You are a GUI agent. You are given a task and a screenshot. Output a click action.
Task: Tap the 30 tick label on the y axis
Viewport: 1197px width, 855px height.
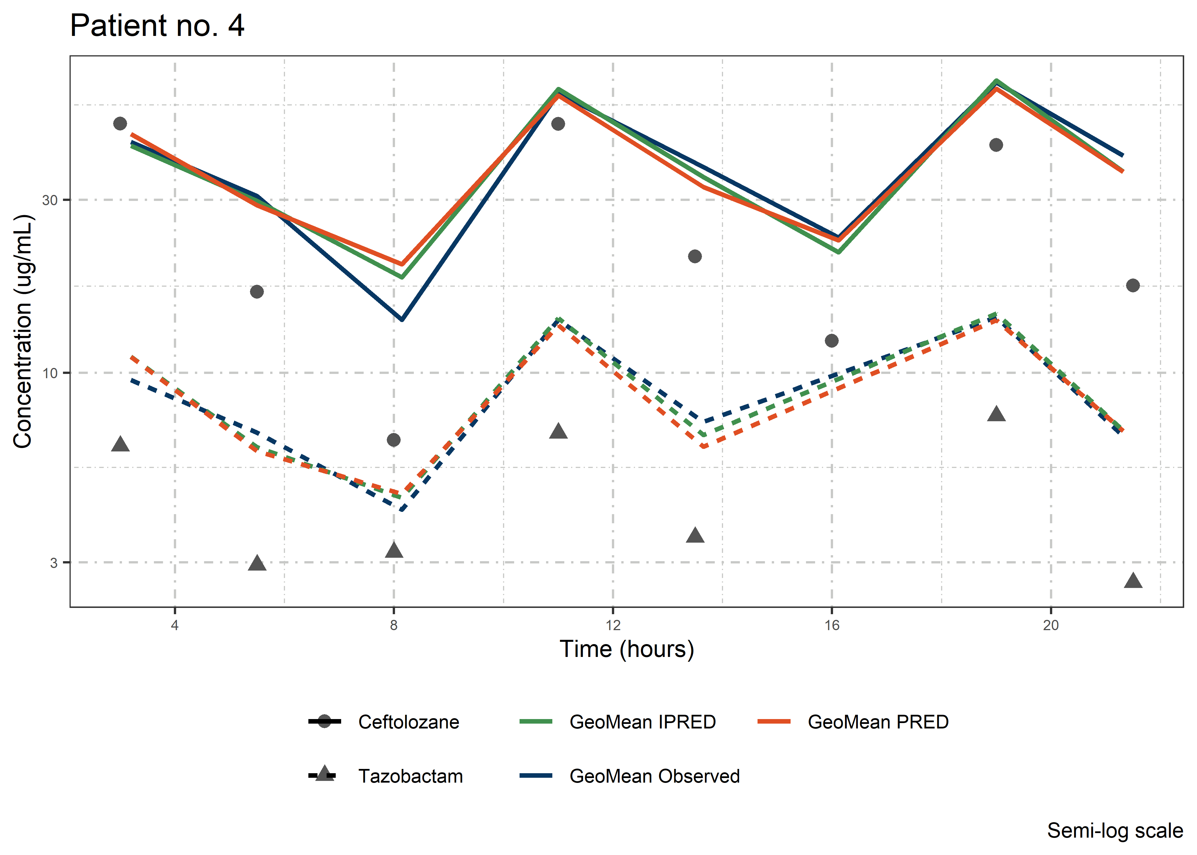[x=50, y=200]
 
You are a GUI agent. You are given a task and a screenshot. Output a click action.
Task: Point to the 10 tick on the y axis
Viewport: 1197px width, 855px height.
[x=50, y=373]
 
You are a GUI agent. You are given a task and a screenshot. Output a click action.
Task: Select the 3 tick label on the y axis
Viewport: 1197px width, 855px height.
[x=54, y=563]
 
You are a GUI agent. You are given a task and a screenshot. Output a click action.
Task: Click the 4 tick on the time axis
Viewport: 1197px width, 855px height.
[x=175, y=626]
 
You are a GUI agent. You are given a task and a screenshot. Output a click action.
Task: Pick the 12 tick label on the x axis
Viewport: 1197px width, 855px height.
[x=613, y=626]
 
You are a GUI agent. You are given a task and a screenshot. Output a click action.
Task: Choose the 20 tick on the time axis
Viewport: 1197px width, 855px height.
[x=1051, y=626]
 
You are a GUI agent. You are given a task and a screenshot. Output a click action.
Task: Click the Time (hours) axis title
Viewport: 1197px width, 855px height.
[x=626, y=649]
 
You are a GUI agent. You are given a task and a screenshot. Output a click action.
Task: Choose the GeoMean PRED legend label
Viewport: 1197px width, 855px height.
[x=878, y=722]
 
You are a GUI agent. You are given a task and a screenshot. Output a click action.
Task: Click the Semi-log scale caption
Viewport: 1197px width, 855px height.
[x=1115, y=831]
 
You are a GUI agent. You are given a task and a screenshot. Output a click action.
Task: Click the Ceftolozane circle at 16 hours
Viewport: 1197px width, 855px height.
[x=832, y=341]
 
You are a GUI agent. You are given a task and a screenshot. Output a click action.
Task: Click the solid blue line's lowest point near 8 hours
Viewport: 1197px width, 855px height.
[x=402, y=319]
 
